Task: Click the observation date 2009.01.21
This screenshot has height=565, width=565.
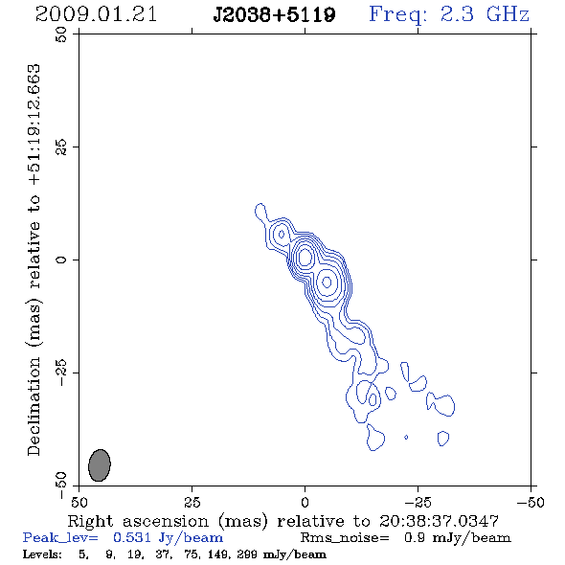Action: point(96,14)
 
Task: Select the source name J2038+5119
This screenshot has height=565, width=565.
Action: point(274,14)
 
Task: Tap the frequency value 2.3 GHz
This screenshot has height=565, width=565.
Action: point(485,14)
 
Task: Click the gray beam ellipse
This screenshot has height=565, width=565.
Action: point(100,465)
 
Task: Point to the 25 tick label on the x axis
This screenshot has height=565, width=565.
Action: point(192,502)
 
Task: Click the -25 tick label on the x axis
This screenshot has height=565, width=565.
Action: point(418,502)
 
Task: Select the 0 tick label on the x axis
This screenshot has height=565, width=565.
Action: point(305,502)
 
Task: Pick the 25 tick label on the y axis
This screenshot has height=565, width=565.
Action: point(61,147)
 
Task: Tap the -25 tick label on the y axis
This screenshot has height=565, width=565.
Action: point(61,373)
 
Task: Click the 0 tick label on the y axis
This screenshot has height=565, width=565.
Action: point(61,260)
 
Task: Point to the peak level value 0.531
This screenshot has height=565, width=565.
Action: point(132,537)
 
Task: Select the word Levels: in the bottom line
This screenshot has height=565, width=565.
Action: point(42,554)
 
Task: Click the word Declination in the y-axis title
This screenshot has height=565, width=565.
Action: point(34,406)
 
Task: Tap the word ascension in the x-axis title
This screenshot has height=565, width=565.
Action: point(166,521)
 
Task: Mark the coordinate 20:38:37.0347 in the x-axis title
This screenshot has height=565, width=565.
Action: point(439,521)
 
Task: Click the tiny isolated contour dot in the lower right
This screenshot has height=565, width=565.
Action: point(406,437)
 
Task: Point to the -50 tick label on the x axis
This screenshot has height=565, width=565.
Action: point(531,502)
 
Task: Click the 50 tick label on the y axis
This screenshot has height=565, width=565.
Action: point(61,34)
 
